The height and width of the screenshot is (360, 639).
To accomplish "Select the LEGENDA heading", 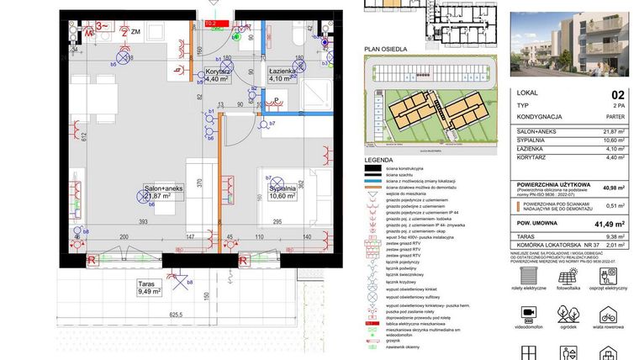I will [378, 158].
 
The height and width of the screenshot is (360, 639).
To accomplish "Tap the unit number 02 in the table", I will [618, 95].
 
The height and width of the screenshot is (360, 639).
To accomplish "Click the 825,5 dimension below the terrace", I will [176, 313].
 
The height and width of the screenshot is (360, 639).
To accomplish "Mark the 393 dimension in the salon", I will [144, 222].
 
